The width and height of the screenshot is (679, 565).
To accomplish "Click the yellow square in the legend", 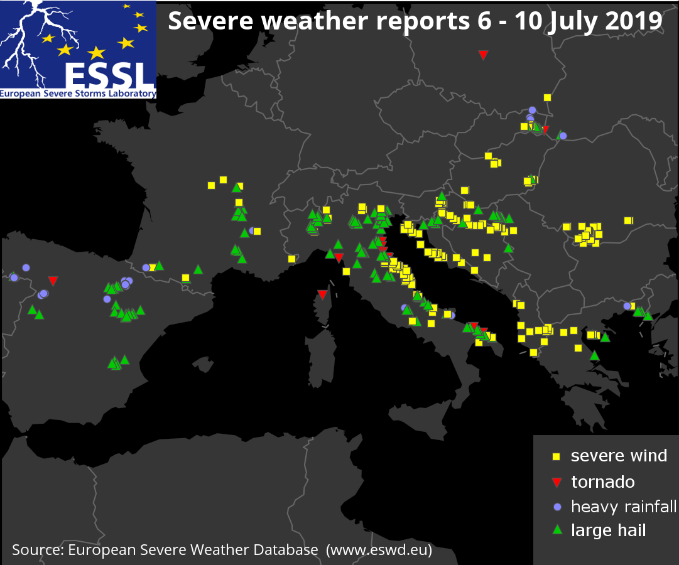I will click(x=556, y=456).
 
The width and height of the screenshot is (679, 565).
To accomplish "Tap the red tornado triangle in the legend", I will click(x=556, y=482).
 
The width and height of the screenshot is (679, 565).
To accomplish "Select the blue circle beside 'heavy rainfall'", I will click(x=556, y=507).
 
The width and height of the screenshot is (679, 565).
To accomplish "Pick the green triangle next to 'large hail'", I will click(x=556, y=530).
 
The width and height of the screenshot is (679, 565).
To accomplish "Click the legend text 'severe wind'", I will click(x=619, y=456).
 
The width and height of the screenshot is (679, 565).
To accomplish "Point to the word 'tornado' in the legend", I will click(x=602, y=482).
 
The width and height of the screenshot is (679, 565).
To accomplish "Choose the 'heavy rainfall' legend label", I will click(x=623, y=506).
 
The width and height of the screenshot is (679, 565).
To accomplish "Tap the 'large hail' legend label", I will click(x=608, y=530).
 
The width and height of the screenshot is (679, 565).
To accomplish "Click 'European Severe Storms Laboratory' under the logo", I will click(x=78, y=94).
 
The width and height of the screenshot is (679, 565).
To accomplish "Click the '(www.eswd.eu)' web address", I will click(x=379, y=550).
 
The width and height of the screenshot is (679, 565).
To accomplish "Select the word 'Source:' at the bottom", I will click(x=38, y=550).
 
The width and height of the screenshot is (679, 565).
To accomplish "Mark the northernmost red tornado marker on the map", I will click(x=483, y=55).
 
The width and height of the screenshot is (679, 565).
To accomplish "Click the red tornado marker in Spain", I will click(x=53, y=281).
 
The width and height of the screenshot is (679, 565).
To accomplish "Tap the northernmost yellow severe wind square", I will click(x=547, y=97).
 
